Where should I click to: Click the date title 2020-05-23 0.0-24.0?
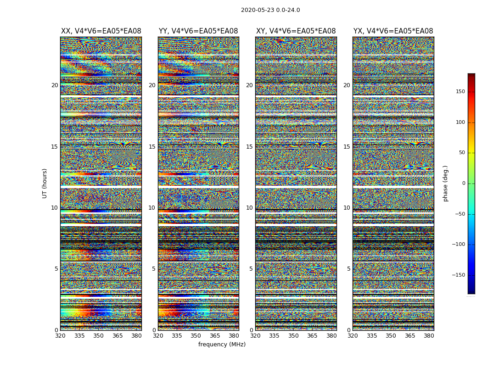point(270,10)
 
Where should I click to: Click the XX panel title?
point(101,31)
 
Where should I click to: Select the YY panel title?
point(198,31)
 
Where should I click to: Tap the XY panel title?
point(296,31)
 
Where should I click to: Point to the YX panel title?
point(393,31)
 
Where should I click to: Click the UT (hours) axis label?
point(45,183)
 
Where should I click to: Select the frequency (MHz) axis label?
point(222,345)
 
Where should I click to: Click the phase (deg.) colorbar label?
point(446,183)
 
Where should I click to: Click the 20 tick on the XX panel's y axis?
point(55,85)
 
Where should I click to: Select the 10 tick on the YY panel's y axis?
point(152,208)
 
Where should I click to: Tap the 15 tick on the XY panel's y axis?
point(249,147)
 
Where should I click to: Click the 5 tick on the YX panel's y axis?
point(348,269)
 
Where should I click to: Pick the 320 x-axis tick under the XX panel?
point(60,336)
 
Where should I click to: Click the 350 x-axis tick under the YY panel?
point(196,336)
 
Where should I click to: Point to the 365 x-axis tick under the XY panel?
point(312,336)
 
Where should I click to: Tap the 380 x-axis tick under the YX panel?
point(429,336)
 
